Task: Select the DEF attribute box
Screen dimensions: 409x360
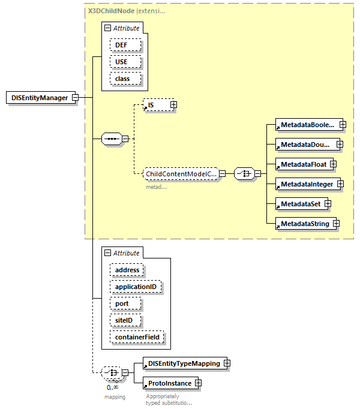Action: [125, 45]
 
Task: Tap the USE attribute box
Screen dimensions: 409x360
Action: [125, 62]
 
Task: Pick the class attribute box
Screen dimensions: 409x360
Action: [125, 79]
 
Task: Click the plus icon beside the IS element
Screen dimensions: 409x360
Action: [173, 105]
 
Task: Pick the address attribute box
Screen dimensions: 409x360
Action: [127, 270]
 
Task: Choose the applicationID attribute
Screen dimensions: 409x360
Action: [136, 287]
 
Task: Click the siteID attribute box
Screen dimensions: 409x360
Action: [125, 320]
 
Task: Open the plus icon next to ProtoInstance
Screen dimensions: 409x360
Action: [197, 383]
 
